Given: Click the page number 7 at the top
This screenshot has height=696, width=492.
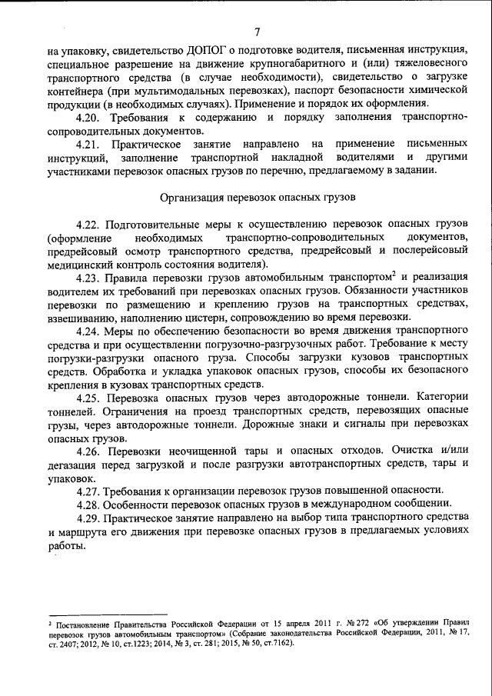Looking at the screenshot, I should tap(258, 32).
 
